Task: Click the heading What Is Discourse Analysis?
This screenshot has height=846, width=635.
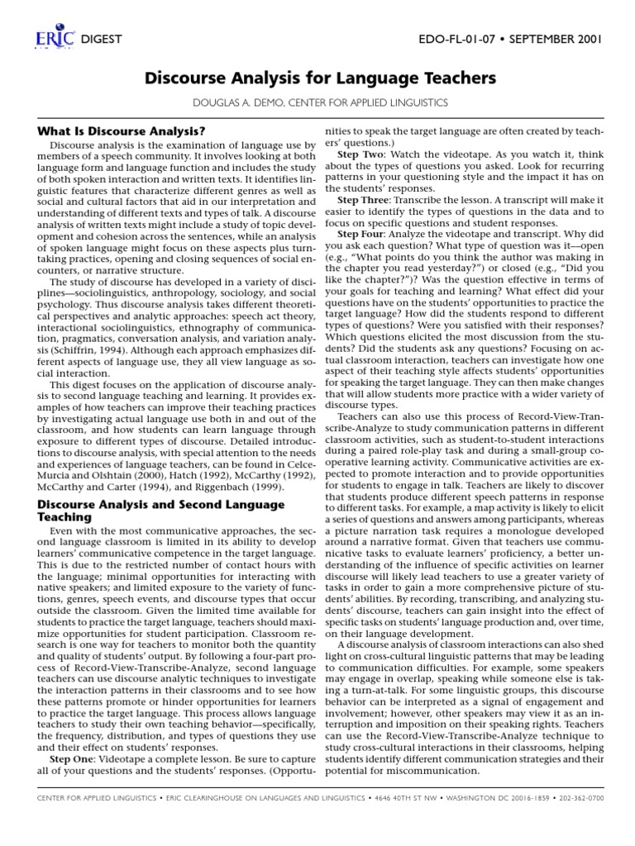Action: point(122,131)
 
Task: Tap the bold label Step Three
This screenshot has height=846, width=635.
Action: point(363,201)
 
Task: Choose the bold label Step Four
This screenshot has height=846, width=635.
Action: point(361,235)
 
